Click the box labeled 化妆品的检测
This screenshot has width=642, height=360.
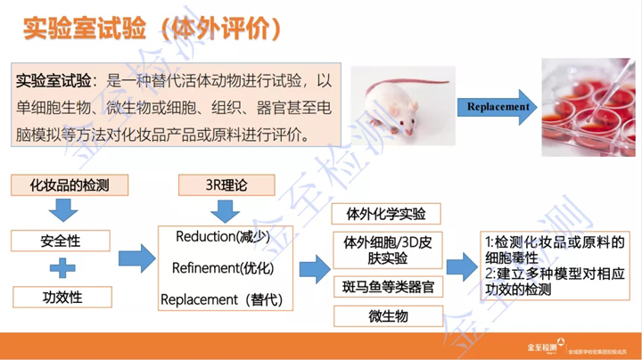point(68,184)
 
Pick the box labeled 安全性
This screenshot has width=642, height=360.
point(61,241)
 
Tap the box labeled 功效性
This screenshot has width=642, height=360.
point(61,297)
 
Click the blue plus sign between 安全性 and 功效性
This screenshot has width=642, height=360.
point(62,268)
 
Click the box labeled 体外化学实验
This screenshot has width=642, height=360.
point(386,214)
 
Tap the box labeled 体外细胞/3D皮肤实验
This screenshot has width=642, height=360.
point(386,250)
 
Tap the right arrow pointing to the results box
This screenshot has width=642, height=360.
point(459,266)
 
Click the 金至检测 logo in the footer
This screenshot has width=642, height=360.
point(546,344)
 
